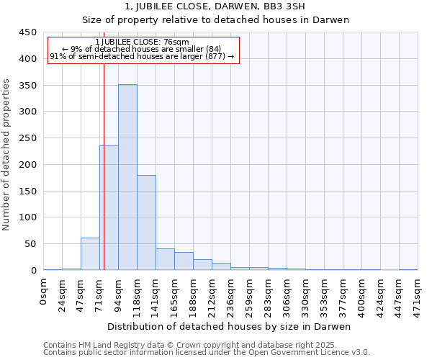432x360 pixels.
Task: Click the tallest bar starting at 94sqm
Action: click(x=127, y=177)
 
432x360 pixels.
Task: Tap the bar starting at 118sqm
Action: click(x=146, y=222)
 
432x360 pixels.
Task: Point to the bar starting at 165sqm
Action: click(x=184, y=261)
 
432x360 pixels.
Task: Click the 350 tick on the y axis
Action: click(x=28, y=85)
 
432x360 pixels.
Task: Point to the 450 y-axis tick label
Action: click(x=28, y=32)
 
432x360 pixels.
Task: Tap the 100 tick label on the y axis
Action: click(x=28, y=217)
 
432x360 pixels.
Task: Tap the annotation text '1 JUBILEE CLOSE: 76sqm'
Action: click(x=142, y=42)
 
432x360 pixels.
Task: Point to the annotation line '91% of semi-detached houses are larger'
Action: click(x=142, y=57)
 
